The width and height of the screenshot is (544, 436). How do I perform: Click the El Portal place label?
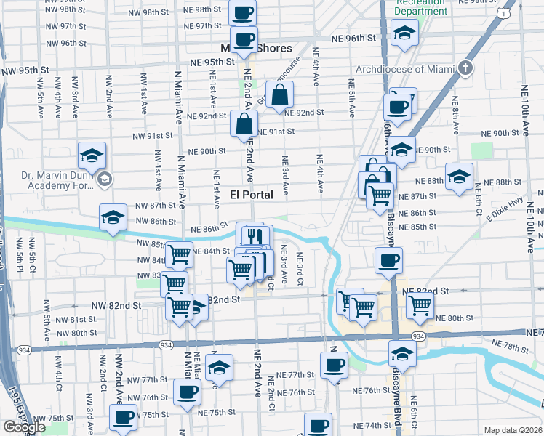pyautogui.click(x=252, y=195)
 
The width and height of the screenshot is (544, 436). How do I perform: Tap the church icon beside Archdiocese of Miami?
pyautogui.click(x=466, y=70)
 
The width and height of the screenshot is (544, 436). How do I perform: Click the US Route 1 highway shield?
pyautogui.click(x=503, y=15)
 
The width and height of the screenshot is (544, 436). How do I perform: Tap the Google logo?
pyautogui.click(x=24, y=427)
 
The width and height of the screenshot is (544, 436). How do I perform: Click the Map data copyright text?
pyautogui.click(x=513, y=430)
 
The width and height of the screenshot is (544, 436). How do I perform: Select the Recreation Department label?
pyautogui.click(x=421, y=8)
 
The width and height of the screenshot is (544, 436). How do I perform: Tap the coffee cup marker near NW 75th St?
pyautogui.click(x=123, y=418)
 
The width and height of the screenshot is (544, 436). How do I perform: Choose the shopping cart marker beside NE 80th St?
pyautogui.click(x=420, y=307)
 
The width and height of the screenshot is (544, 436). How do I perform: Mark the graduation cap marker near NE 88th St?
pyautogui.click(x=459, y=177)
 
